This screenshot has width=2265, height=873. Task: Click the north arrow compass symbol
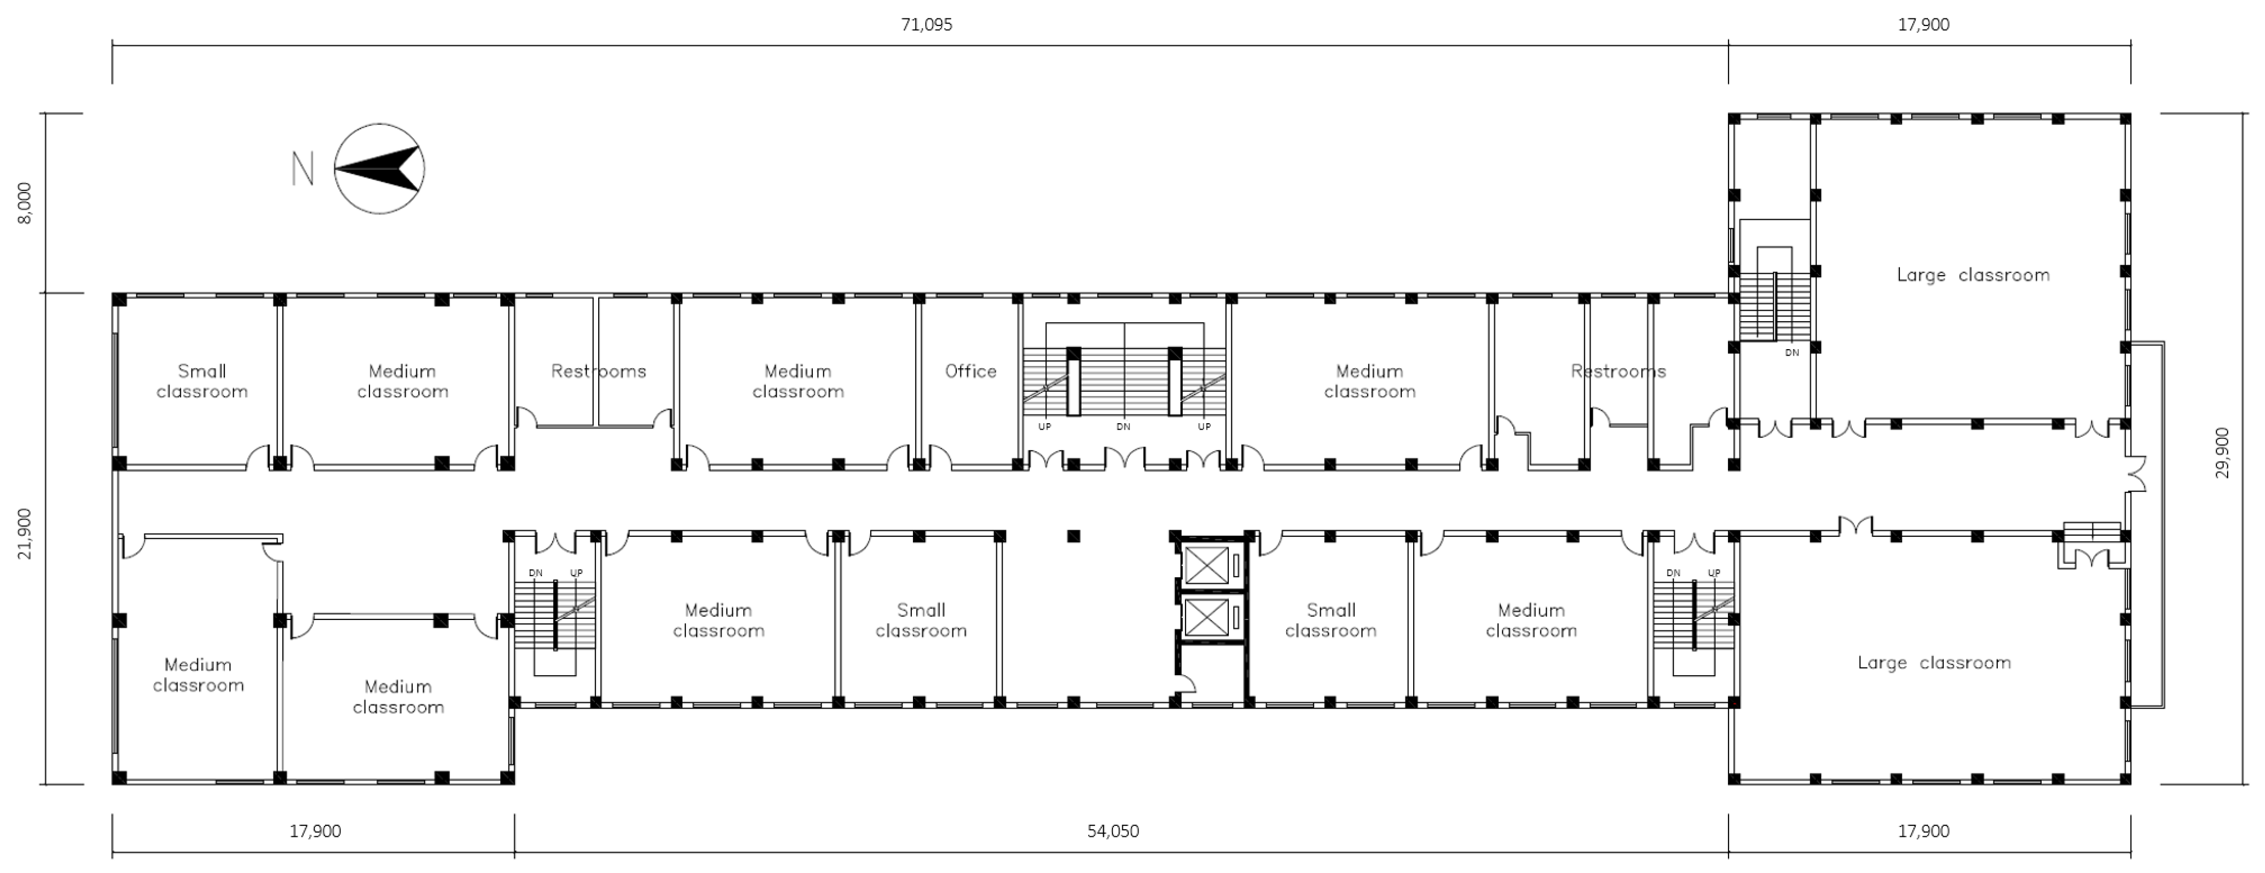point(379,168)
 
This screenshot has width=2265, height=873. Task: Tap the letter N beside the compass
point(302,169)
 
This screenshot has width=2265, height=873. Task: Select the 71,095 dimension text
point(926,25)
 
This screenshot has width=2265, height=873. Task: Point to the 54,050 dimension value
point(1112,831)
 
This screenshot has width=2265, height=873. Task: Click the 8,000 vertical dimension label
point(25,203)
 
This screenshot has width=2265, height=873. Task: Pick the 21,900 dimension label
point(25,533)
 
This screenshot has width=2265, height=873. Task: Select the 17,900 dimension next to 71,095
point(1923,25)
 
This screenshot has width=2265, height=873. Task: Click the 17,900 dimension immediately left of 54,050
point(315,831)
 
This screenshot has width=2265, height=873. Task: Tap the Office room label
point(971,371)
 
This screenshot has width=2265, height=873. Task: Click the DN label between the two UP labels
point(1123,427)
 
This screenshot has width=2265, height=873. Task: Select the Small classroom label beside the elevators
point(1330,620)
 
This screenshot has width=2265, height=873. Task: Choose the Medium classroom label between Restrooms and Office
point(798,381)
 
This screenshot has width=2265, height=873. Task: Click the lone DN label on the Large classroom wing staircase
point(1791,352)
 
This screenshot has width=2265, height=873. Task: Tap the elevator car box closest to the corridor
point(1206,565)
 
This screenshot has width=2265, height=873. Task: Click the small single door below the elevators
point(1183,683)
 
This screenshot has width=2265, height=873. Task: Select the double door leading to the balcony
point(2135,475)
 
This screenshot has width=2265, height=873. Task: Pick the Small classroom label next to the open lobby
point(920,620)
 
